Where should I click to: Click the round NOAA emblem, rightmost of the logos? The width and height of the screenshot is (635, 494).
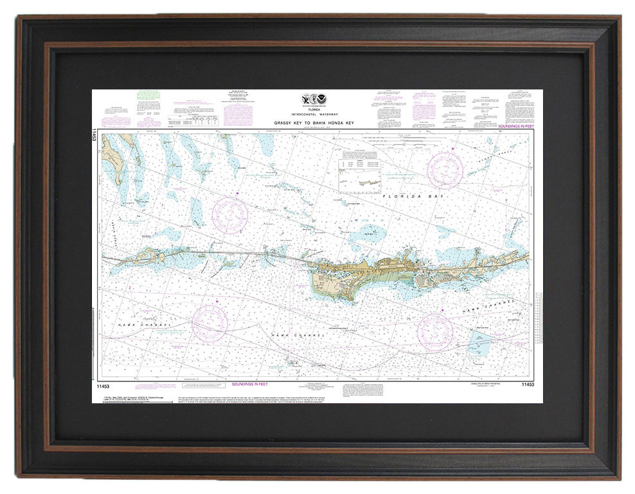[x=323, y=100]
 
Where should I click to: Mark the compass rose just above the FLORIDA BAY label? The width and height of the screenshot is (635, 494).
[x=445, y=170]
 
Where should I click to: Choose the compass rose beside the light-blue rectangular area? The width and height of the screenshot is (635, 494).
[x=434, y=331]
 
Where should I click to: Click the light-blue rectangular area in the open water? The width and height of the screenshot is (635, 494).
[x=481, y=342]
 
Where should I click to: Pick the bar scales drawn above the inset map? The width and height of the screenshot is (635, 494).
[x=418, y=140]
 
